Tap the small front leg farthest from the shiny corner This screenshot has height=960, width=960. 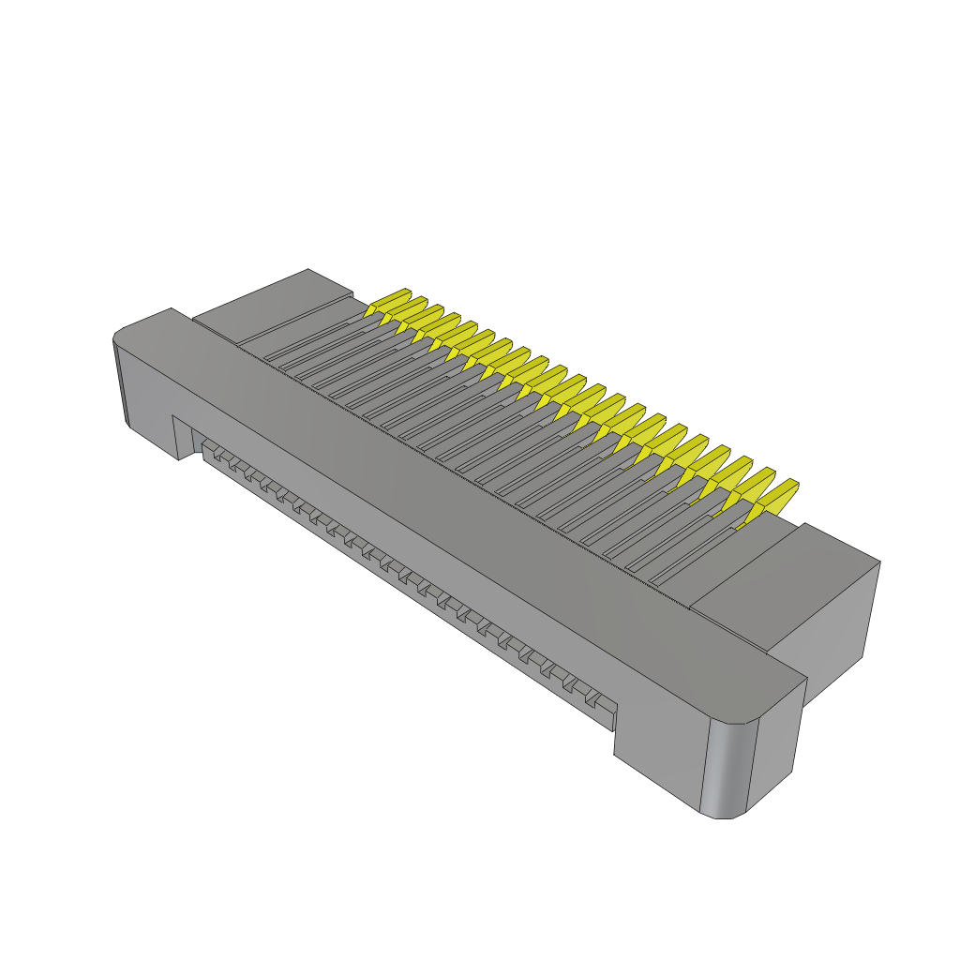pyautogui.click(x=182, y=437)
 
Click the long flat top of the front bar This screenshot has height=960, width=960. pyautogui.click(x=469, y=497)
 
